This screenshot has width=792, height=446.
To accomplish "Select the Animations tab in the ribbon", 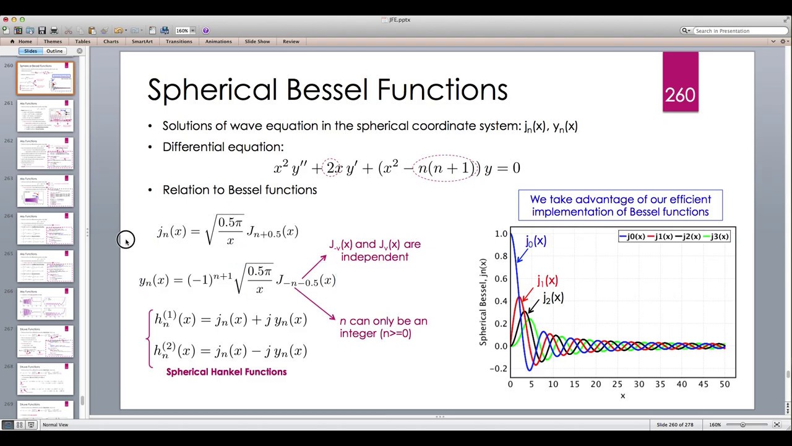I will (218, 42).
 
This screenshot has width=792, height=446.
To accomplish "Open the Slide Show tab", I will (257, 42).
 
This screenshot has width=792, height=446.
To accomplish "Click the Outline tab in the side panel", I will (54, 51).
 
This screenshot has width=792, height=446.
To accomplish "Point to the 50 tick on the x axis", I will (724, 385).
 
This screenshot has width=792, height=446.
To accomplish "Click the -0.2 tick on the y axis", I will (499, 369).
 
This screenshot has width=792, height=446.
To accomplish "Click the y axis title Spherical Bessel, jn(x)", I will (483, 302).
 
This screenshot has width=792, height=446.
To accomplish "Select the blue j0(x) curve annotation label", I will (536, 241).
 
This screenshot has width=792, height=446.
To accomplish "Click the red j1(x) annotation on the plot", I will (547, 281).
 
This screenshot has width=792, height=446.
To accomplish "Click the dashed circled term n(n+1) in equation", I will (445, 168).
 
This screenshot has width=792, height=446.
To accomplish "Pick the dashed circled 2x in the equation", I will (334, 168).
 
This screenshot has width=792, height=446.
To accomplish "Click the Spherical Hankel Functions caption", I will (226, 372).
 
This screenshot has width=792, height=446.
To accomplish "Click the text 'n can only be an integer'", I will (383, 327).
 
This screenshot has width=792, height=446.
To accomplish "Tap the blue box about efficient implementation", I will (620, 206).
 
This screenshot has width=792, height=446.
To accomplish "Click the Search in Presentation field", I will (739, 31).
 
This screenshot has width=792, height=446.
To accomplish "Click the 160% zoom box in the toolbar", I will (183, 30).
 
